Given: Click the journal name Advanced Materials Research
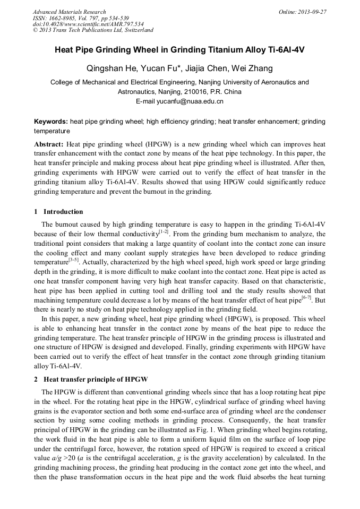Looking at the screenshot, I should tap(70, 12).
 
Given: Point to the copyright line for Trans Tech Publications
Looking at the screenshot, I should tap(93, 30).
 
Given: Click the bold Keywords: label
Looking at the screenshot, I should tap(51, 122).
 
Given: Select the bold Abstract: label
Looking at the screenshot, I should tap(49, 144).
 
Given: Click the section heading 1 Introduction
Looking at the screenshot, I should tap(58, 212).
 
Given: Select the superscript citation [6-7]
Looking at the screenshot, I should tap(306, 298).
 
